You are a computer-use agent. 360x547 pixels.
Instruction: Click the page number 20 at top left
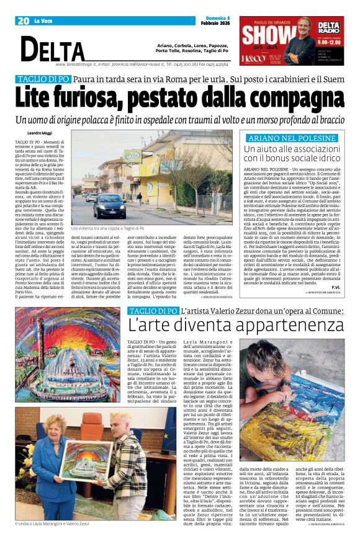point(24,21)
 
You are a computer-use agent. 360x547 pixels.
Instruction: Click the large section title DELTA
point(53,50)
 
